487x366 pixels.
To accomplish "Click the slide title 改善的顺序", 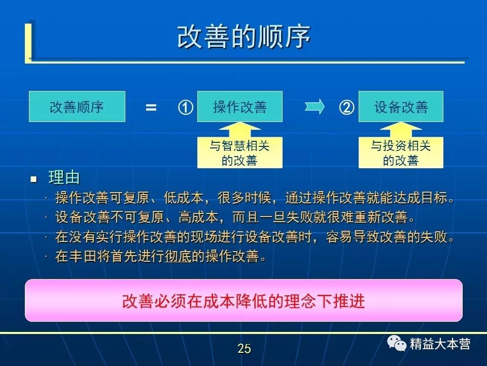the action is (x=244, y=37).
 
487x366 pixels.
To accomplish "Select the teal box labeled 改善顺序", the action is (x=77, y=106).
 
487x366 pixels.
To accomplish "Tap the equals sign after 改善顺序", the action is (x=151, y=108).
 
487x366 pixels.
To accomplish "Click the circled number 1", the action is (x=186, y=107).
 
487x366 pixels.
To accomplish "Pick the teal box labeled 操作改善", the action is (x=240, y=106).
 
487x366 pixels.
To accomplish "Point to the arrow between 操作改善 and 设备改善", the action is (x=315, y=107).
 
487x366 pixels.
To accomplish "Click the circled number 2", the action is (x=346, y=107).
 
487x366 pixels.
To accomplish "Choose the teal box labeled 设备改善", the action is (x=401, y=106).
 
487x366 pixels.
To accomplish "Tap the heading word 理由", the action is (x=64, y=178).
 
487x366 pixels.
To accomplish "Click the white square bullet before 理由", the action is (x=33, y=179).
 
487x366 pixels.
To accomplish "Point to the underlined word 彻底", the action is (x=178, y=256).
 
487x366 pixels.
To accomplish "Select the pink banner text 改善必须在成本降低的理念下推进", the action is (x=243, y=301).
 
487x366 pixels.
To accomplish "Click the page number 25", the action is (x=244, y=349).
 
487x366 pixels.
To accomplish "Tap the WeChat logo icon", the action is (x=397, y=343).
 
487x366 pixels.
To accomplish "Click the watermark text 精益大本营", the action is (x=440, y=344).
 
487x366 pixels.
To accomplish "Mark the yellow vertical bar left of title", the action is (x=28, y=43).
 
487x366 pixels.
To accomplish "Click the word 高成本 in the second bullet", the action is (x=198, y=217).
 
